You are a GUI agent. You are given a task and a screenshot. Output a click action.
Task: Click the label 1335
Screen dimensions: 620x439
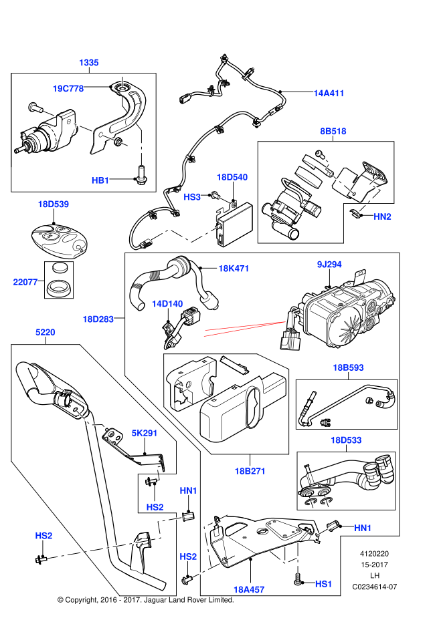(x=89, y=63)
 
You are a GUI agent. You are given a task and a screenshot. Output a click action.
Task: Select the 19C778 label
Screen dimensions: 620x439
(x=68, y=89)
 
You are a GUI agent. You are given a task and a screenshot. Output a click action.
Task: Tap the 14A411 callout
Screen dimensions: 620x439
(x=329, y=94)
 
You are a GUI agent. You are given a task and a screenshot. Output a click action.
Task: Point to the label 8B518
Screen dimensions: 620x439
(x=333, y=132)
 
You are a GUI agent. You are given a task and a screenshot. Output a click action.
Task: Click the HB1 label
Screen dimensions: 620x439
(x=100, y=180)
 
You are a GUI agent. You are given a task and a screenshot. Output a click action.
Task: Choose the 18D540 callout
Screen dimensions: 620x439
(x=232, y=177)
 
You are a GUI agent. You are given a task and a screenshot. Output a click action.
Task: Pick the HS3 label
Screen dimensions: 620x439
(x=192, y=197)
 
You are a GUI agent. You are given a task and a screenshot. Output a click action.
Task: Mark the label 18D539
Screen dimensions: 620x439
(x=54, y=204)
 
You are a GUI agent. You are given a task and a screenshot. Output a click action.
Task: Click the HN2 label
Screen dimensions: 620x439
(x=382, y=216)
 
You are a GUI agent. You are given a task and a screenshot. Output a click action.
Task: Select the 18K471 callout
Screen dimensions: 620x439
(x=234, y=269)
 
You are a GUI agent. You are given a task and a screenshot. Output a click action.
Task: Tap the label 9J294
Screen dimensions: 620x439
(x=329, y=265)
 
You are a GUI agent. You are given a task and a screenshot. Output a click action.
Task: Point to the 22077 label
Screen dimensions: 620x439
(x=25, y=282)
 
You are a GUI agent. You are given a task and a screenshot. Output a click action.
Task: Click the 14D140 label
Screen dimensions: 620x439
(x=167, y=304)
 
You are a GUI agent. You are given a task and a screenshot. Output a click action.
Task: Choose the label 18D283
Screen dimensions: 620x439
(x=98, y=319)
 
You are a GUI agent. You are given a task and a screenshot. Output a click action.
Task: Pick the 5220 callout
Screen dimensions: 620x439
(x=46, y=332)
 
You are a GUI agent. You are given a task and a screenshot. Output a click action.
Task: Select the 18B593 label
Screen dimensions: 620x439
(x=348, y=367)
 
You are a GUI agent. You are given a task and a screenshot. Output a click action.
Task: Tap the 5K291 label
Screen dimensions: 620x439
(x=145, y=433)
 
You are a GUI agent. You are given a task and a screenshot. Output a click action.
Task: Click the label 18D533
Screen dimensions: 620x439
(x=346, y=440)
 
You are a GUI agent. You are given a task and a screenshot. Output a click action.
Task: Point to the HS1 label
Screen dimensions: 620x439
(x=324, y=584)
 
